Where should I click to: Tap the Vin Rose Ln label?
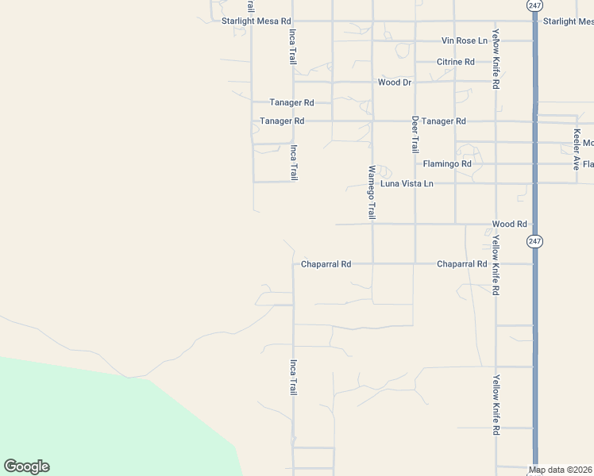[x=465, y=40]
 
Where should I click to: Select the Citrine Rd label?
[x=456, y=61]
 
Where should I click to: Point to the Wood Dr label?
[x=395, y=82]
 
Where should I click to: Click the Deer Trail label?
[x=415, y=134]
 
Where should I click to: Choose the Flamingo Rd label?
[x=447, y=164]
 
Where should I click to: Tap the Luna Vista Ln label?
[x=407, y=183]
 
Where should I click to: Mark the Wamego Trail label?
[x=371, y=192]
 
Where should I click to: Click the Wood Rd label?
[x=510, y=225]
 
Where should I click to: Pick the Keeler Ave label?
[x=577, y=149]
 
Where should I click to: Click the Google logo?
[x=26, y=466]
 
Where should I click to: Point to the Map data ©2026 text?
[x=561, y=470]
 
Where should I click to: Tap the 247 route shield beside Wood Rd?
[x=535, y=240]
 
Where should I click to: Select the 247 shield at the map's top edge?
[x=534, y=5]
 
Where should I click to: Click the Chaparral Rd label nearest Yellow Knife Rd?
[x=462, y=263]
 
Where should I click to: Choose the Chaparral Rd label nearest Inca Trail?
[x=326, y=263]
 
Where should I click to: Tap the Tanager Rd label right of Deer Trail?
[x=444, y=121]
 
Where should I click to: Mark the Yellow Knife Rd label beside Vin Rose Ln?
[x=496, y=59]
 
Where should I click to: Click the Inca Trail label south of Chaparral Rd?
[x=293, y=377]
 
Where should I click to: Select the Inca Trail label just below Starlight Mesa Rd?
[x=293, y=47]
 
